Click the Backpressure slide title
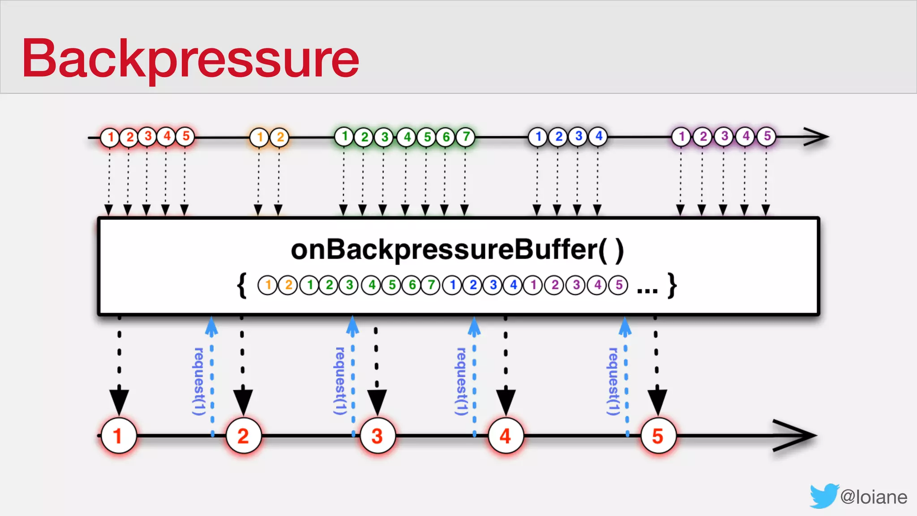(190, 58)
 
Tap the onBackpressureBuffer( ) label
(457, 250)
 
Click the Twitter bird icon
(823, 496)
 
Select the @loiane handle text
(874, 497)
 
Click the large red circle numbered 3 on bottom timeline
(377, 436)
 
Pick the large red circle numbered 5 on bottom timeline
(657, 436)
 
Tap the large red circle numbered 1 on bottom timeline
(118, 436)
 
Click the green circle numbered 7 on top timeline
(466, 137)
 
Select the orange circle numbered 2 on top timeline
(280, 137)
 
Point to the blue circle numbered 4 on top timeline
(598, 136)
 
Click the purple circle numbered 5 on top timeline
(767, 136)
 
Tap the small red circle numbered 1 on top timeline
(110, 137)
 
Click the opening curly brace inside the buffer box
(242, 285)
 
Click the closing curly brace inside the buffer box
(672, 285)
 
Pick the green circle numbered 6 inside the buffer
(411, 285)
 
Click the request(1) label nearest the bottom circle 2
(199, 381)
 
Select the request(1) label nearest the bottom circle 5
(613, 381)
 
